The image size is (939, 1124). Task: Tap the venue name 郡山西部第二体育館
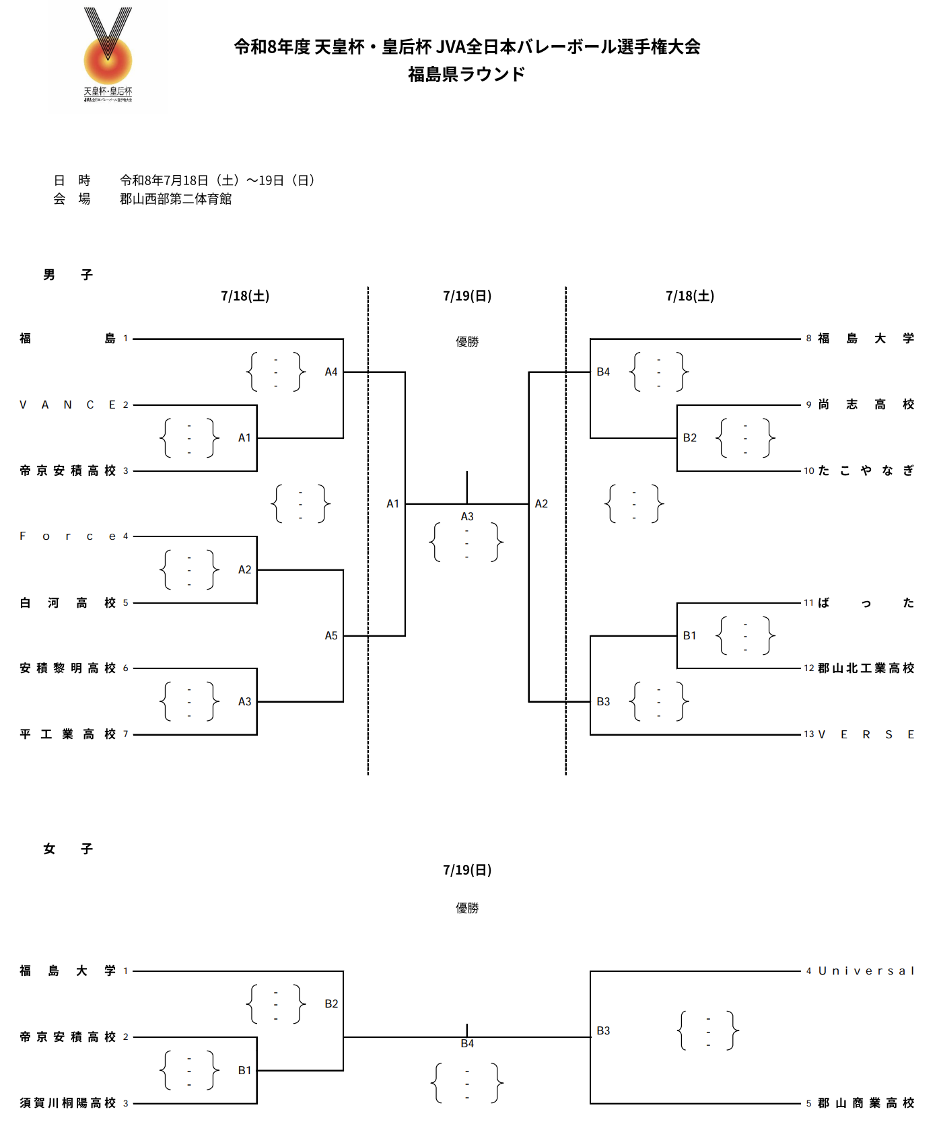[x=176, y=199]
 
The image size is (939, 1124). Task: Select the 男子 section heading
[x=68, y=275]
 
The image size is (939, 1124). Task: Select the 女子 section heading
[x=68, y=849]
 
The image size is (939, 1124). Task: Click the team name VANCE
[x=68, y=405]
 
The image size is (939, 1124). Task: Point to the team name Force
[x=68, y=536]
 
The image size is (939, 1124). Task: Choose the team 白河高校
[x=68, y=602]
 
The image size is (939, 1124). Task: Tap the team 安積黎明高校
[x=68, y=668]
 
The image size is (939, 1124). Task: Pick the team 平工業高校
[x=68, y=734]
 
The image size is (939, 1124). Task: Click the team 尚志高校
[x=866, y=405]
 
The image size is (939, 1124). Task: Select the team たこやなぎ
[x=866, y=470]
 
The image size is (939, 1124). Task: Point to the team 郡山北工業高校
[x=866, y=668]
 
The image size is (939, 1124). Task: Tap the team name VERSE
[x=866, y=734]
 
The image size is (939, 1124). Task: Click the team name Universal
[x=866, y=971]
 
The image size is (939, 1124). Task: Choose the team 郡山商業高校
[x=866, y=1103]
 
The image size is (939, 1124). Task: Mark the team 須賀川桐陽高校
[x=68, y=1103]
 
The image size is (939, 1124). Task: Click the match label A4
[x=331, y=372]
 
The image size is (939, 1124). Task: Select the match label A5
[x=331, y=635]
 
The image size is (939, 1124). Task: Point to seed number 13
[x=809, y=734]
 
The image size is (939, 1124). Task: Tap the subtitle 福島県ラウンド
[x=466, y=74]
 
